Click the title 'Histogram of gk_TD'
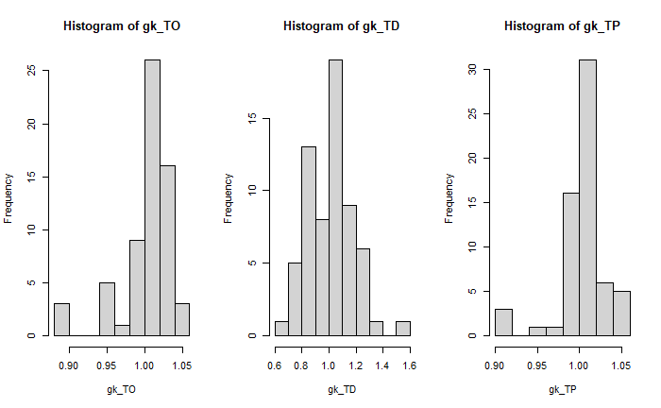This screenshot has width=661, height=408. point(341,25)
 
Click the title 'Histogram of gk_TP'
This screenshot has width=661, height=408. point(562,25)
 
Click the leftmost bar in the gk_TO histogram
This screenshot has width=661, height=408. point(61,319)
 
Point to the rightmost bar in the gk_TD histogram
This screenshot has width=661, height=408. point(403,329)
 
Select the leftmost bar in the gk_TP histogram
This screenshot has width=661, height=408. point(503,322)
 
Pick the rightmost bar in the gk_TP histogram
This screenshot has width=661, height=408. point(620,313)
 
